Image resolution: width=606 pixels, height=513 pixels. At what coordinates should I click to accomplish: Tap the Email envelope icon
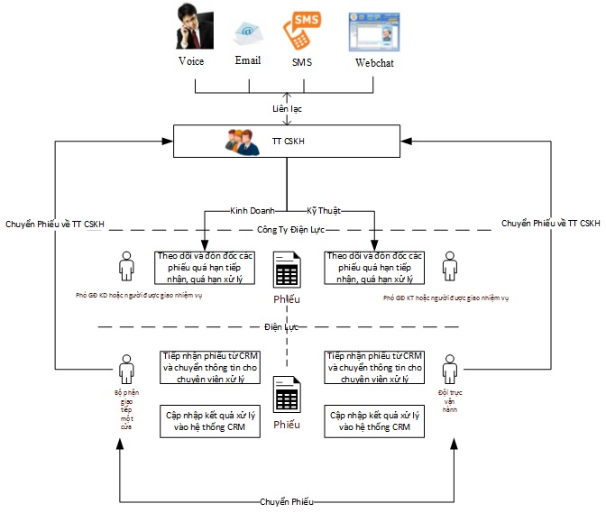pyautogui.click(x=248, y=33)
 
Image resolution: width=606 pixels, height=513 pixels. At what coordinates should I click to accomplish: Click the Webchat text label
pyautogui.click(x=373, y=63)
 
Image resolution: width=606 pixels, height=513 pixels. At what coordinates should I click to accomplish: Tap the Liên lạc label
pyautogui.click(x=287, y=108)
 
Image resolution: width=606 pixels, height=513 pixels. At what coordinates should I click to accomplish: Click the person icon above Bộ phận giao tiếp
pyautogui.click(x=125, y=371)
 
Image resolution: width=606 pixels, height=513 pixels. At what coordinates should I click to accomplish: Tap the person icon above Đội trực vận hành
pyautogui.click(x=448, y=371)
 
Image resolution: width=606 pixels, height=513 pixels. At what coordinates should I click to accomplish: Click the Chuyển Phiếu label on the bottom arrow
pyautogui.click(x=287, y=501)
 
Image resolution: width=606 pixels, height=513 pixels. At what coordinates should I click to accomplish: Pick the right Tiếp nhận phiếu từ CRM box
pyautogui.click(x=373, y=367)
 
